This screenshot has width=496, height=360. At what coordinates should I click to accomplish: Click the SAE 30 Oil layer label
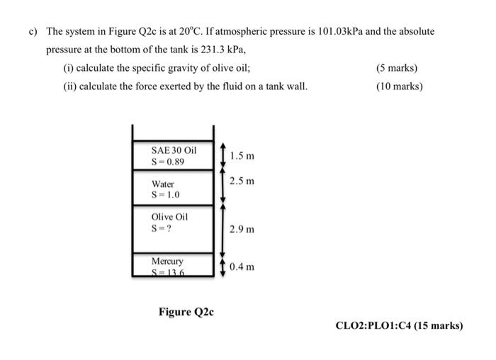(173, 150)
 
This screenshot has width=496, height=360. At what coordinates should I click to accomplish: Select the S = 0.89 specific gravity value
(169, 161)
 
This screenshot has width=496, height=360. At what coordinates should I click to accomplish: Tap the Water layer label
(162, 184)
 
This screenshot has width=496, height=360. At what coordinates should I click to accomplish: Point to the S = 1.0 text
(166, 195)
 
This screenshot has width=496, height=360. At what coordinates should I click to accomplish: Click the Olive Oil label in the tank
(169, 218)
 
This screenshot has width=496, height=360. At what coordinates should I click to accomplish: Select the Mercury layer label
(167, 261)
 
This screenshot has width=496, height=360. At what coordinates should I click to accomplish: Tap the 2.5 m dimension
(242, 181)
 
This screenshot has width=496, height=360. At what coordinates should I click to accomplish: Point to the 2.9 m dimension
(242, 230)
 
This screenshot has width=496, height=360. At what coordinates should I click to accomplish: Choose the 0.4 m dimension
(242, 267)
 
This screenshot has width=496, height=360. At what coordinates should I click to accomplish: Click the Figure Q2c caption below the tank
(186, 311)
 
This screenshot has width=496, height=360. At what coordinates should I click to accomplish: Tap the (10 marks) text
(399, 86)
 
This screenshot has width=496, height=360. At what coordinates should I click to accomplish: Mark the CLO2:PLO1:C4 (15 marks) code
(399, 326)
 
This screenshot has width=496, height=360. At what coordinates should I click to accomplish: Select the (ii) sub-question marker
(69, 86)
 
